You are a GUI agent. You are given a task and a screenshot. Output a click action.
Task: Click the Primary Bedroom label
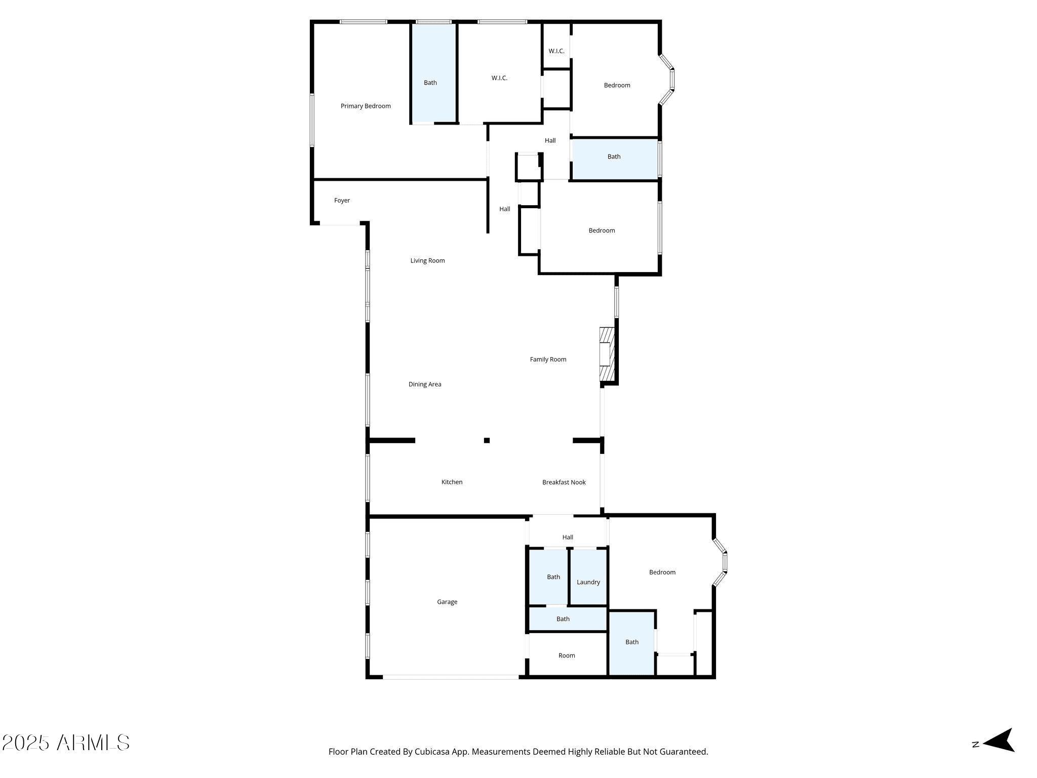pyautogui.click(x=366, y=106)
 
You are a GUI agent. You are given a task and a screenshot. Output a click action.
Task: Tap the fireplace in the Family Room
pyautogui.click(x=607, y=355)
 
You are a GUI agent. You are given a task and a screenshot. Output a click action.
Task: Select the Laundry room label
pyautogui.click(x=588, y=582)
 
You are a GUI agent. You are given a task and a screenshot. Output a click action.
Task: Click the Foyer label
pyautogui.click(x=342, y=201)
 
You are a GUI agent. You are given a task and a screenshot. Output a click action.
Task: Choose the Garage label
pyautogui.click(x=447, y=602)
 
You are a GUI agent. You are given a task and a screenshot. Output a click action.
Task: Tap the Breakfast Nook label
pyautogui.click(x=564, y=482)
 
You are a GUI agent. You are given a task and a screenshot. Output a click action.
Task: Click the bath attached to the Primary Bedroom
pyautogui.click(x=430, y=83)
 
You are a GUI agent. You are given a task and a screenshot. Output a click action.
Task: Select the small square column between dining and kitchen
pyautogui.click(x=487, y=440)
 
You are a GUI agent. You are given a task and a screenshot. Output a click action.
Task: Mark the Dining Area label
pyautogui.click(x=425, y=384)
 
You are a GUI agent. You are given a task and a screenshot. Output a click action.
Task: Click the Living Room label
pyautogui.click(x=427, y=261)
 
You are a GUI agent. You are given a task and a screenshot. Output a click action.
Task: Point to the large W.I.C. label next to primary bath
pyautogui.click(x=499, y=78)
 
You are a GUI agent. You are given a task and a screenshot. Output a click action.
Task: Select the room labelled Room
pyautogui.click(x=567, y=655)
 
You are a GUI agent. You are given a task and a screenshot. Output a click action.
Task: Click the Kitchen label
pyautogui.click(x=452, y=482)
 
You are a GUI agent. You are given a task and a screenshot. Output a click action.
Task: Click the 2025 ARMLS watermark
pyautogui.click(x=66, y=743)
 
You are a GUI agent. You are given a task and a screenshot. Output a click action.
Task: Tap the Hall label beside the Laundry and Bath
pyautogui.click(x=568, y=537)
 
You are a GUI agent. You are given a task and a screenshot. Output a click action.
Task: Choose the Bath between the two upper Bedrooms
pyautogui.click(x=614, y=157)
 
